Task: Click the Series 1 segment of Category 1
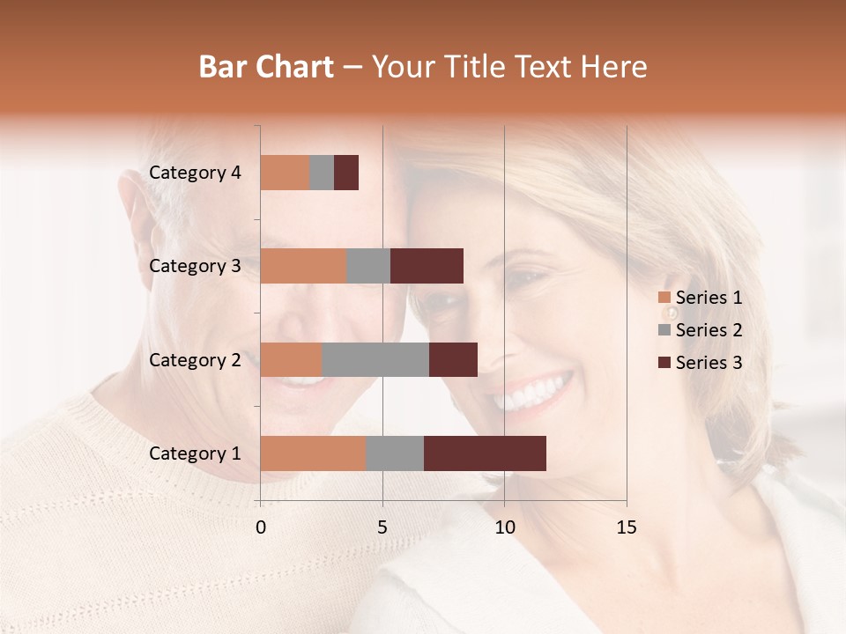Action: point(313,453)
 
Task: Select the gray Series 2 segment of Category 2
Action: point(375,359)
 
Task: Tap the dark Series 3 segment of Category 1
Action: point(485,453)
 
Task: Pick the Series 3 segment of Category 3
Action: point(427,266)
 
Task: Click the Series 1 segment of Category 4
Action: point(285,173)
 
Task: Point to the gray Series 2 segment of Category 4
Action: point(322,173)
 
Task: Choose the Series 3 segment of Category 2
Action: point(453,359)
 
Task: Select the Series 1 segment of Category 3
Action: point(303,266)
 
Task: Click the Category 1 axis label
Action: point(194,453)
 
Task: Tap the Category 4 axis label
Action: point(194,173)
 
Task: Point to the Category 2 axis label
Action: point(194,359)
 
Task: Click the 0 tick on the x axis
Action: point(261,527)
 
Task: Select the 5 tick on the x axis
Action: point(382,527)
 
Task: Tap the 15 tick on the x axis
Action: point(626,527)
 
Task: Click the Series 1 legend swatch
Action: point(664,298)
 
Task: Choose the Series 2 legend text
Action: point(709,330)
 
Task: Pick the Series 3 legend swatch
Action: point(664,363)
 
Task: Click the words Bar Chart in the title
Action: point(266,67)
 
